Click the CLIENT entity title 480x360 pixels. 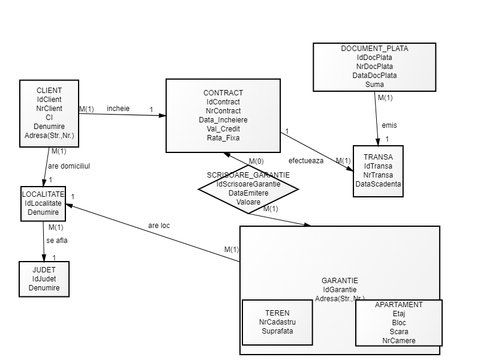(49, 91)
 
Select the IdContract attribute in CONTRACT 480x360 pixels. (223, 102)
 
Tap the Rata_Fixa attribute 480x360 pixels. (223, 138)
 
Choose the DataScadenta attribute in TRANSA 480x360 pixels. (378, 184)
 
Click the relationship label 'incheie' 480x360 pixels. (118, 109)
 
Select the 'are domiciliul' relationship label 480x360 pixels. (69, 166)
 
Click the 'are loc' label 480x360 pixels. (159, 226)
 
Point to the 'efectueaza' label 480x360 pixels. (306, 161)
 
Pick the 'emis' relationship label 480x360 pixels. (389, 125)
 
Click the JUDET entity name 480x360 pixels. (44, 270)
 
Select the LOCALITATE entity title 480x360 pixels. (43, 194)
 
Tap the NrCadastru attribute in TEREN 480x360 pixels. (277, 322)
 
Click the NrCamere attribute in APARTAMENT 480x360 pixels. (398, 341)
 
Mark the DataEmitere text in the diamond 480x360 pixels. (248, 193)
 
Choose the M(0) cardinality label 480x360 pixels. (256, 161)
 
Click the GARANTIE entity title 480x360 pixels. (340, 280)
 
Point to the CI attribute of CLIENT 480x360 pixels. (49, 118)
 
